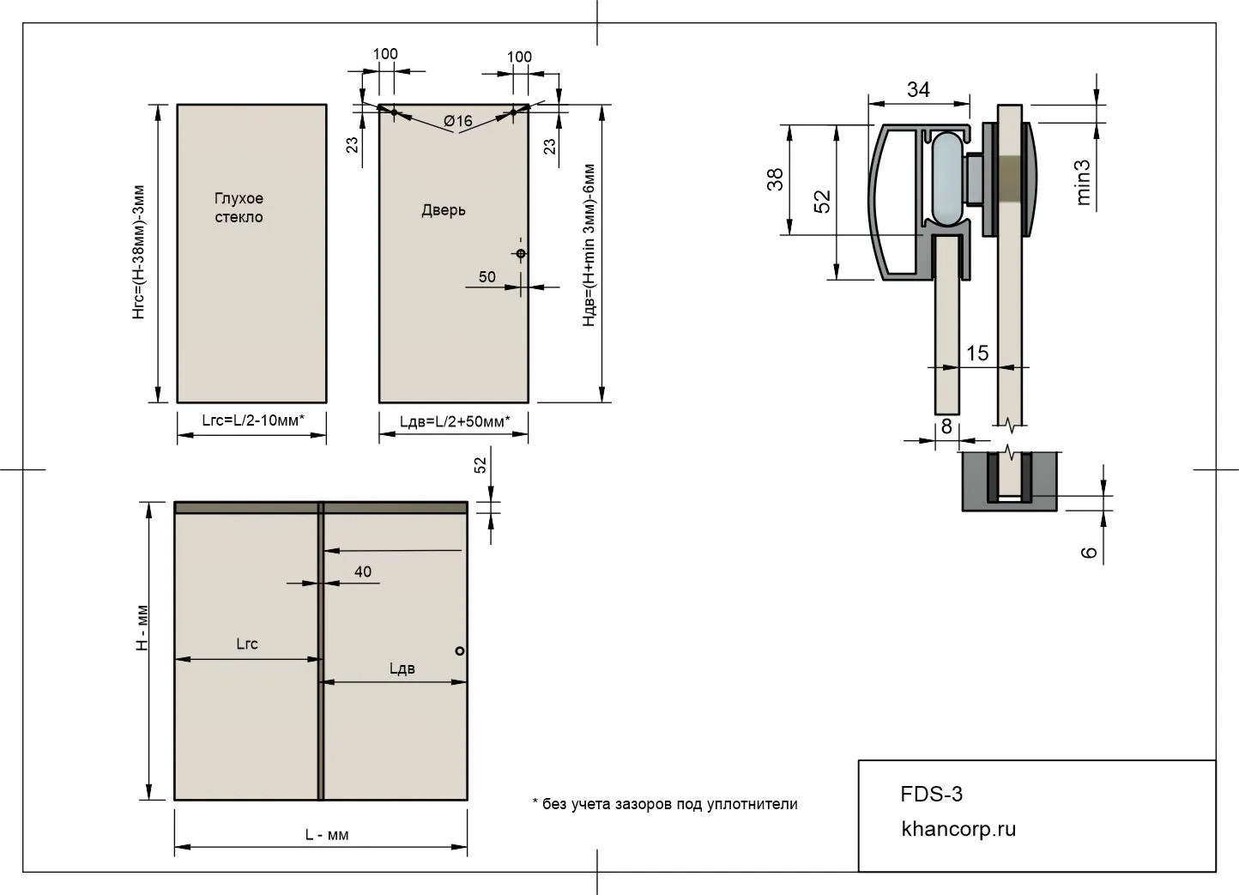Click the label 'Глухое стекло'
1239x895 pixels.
coord(239,208)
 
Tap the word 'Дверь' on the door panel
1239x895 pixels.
coord(444,210)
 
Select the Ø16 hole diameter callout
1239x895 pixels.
coord(458,121)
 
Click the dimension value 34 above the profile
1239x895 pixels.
coord(918,89)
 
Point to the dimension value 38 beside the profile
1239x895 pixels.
coord(775,179)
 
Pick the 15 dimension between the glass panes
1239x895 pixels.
coord(976,353)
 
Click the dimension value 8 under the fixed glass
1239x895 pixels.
coord(946,426)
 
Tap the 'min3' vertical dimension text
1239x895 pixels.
coord(1084,183)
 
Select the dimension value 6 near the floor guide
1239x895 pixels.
coord(1089,552)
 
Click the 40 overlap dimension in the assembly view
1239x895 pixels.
coord(363,571)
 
